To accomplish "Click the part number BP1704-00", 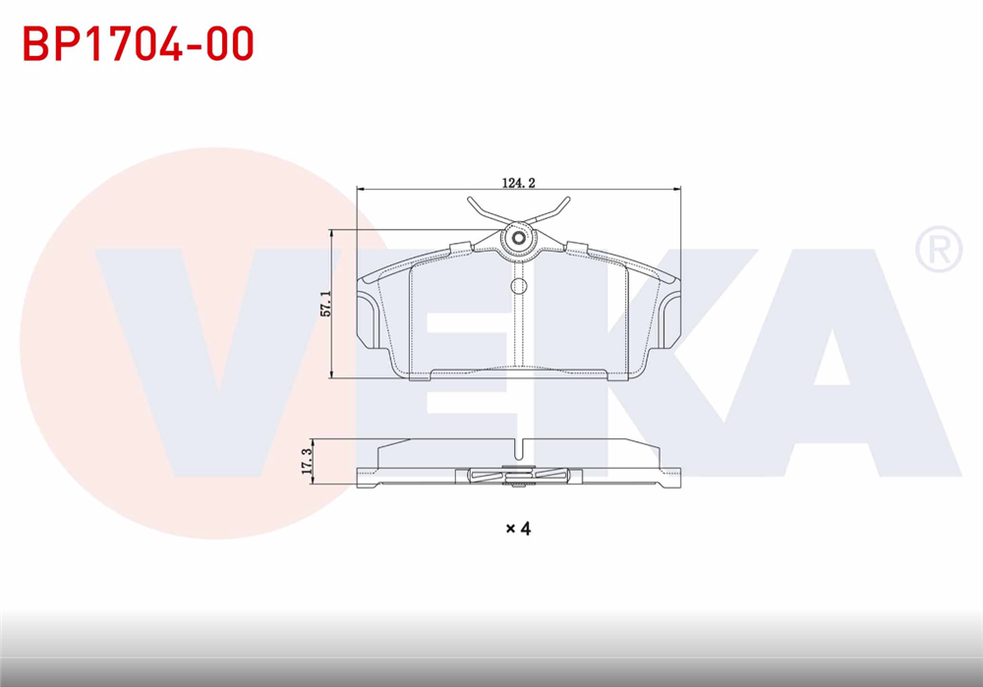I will (139, 44).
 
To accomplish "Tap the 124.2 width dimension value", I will (518, 182).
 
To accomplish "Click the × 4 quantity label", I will (518, 529).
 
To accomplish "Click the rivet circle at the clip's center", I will (518, 238).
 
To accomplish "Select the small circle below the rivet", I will (518, 286).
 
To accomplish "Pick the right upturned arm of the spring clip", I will (557, 209).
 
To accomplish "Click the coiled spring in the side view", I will (518, 477).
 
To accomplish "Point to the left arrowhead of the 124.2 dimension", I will (362, 190).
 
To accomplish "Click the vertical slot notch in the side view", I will (518, 452).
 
